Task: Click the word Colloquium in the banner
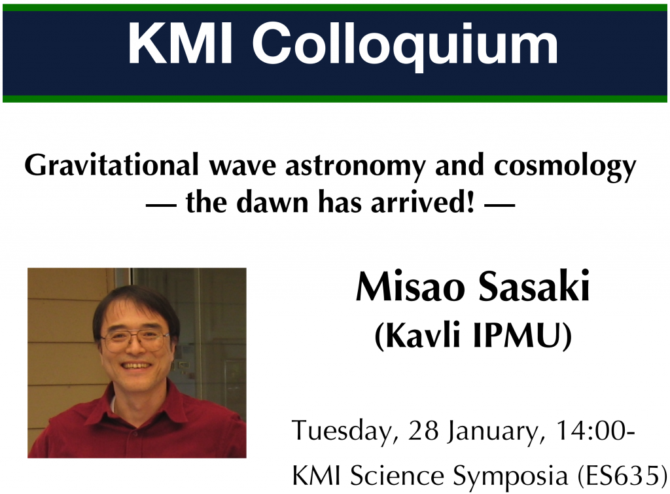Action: [x=404, y=45]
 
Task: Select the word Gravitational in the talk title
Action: [x=111, y=165]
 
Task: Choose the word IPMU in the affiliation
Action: [x=522, y=336]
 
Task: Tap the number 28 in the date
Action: [x=423, y=431]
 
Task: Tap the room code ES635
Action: [x=620, y=475]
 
